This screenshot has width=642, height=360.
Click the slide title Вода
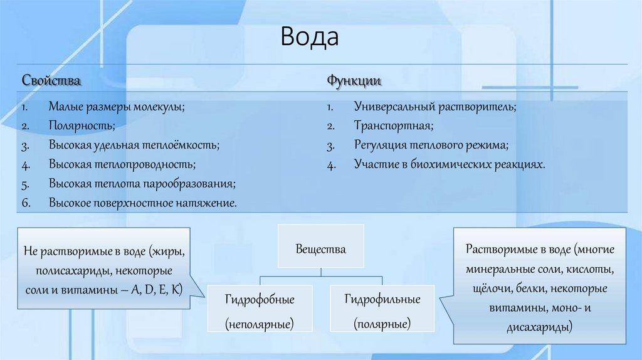point(309,38)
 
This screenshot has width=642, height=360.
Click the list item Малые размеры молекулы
point(117,107)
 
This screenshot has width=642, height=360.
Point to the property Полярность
point(82,126)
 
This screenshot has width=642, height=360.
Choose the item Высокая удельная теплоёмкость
point(134,146)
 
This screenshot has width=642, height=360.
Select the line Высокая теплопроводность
point(122,165)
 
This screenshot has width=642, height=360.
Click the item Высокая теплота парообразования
point(142,184)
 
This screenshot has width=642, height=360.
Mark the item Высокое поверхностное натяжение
point(143,203)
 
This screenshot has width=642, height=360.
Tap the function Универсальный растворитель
point(434,107)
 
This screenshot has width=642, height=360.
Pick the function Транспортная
point(393,126)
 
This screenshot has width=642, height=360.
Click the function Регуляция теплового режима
point(431,146)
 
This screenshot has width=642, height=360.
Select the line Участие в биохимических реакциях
point(449,165)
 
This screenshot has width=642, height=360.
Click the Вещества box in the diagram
point(320,249)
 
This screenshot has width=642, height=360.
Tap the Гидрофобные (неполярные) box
point(260,311)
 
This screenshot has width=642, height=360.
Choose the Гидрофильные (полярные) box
point(382,311)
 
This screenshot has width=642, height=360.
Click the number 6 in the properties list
point(26,203)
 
